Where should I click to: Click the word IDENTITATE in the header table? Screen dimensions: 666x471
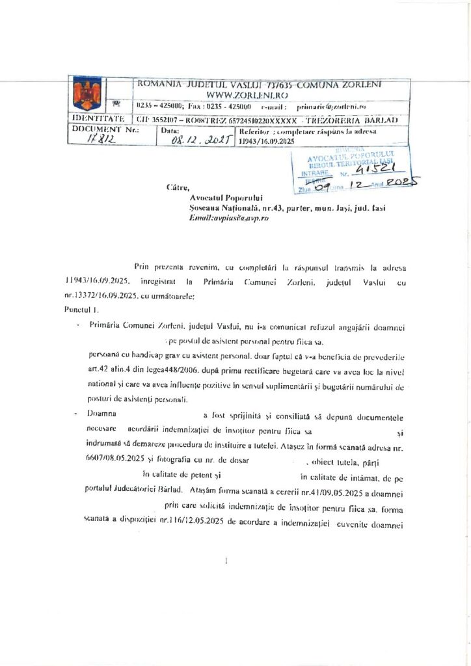98,119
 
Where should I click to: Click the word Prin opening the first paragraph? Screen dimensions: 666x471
141,267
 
